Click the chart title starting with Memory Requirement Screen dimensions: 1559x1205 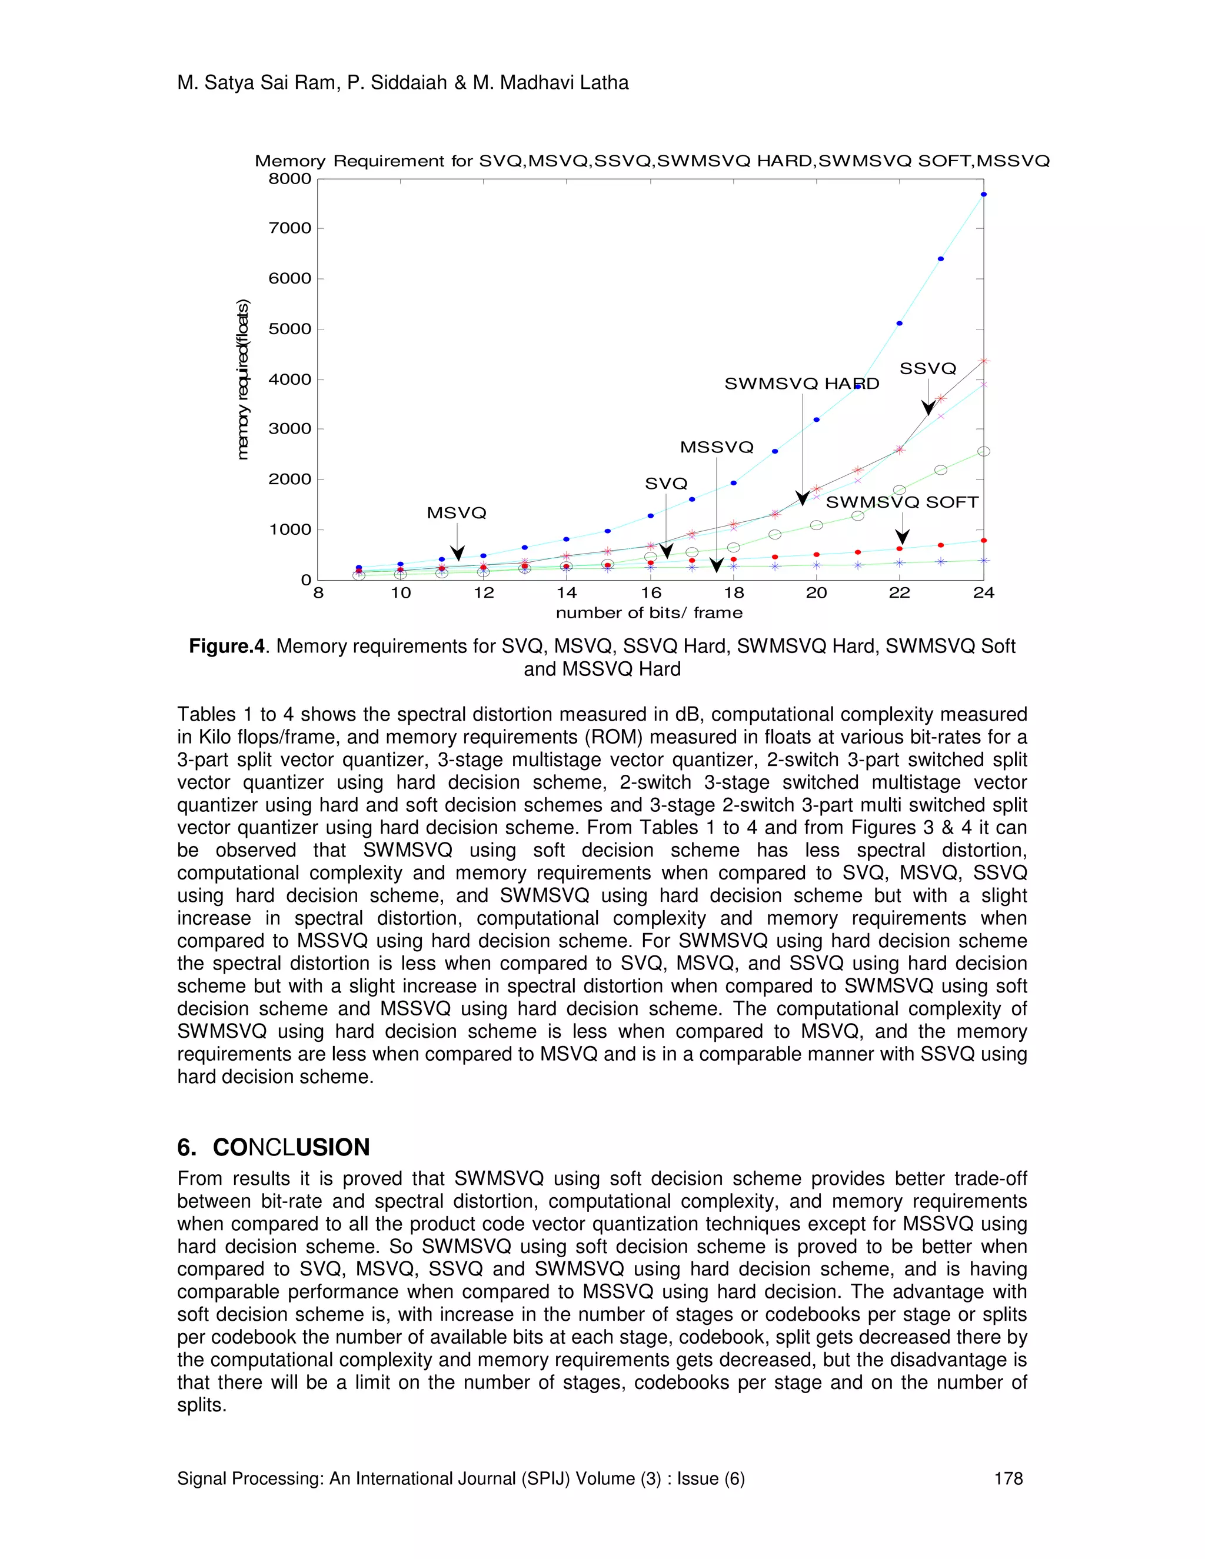(652, 161)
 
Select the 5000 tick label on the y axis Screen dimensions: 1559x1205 (290, 329)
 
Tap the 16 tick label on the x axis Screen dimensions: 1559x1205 (650, 593)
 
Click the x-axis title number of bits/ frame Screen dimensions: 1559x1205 (649, 613)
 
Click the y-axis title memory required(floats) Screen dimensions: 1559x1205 (244, 379)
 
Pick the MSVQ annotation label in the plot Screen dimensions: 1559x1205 (456, 513)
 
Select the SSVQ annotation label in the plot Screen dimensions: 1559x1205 (927, 369)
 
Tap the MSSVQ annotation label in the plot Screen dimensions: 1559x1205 (717, 448)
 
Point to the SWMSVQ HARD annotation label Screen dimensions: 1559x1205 (802, 384)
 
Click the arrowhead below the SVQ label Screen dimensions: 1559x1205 (666, 551)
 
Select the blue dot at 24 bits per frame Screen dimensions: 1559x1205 (983, 194)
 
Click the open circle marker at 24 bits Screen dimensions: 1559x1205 (983, 451)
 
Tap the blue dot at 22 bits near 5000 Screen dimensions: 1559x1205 (900, 324)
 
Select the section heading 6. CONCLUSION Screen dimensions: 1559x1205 (274, 1148)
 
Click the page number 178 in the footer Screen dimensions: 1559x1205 (1008, 1478)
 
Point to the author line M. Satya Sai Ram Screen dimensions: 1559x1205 (402, 84)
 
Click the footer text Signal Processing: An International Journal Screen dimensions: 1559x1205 (461, 1478)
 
